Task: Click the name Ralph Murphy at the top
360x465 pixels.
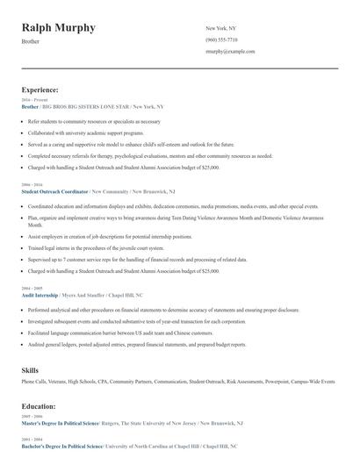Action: [59, 28]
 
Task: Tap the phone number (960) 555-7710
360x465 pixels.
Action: [221, 39]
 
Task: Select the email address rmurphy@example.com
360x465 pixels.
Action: [230, 52]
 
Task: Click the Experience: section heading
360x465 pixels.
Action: [40, 89]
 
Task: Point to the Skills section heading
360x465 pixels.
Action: [30, 370]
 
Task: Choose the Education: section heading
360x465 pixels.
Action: [40, 406]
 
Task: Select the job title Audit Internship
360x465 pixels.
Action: [40, 296]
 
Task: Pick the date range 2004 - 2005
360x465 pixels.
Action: [31, 289]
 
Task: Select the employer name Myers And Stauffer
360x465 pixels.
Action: [83, 296]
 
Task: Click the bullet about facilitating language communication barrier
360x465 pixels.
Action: [114, 333]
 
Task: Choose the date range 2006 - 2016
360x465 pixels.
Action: [31, 184]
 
